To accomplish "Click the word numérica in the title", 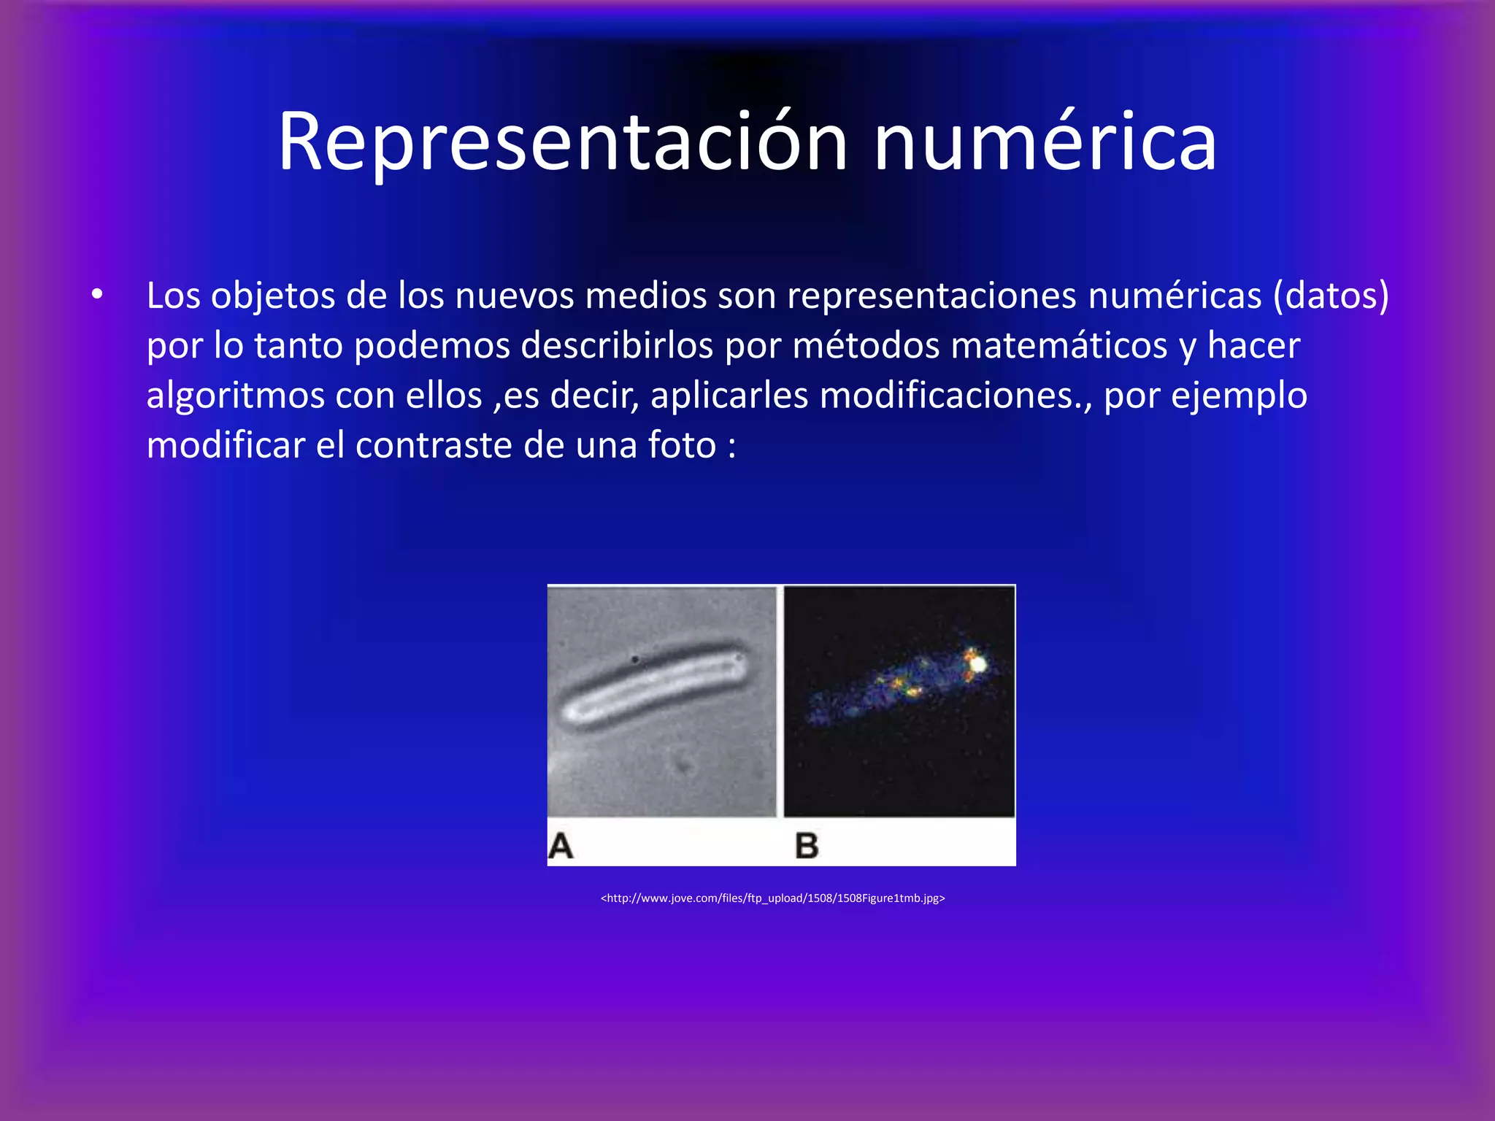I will tap(1045, 142).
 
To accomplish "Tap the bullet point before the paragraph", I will tap(97, 295).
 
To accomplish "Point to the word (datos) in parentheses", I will tap(1331, 296).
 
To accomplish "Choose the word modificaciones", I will tap(950, 396).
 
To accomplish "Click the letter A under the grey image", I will tap(561, 846).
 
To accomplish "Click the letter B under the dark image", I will tap(807, 846).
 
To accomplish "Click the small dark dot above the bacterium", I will tap(635, 660).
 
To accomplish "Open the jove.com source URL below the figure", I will tap(772, 898).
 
